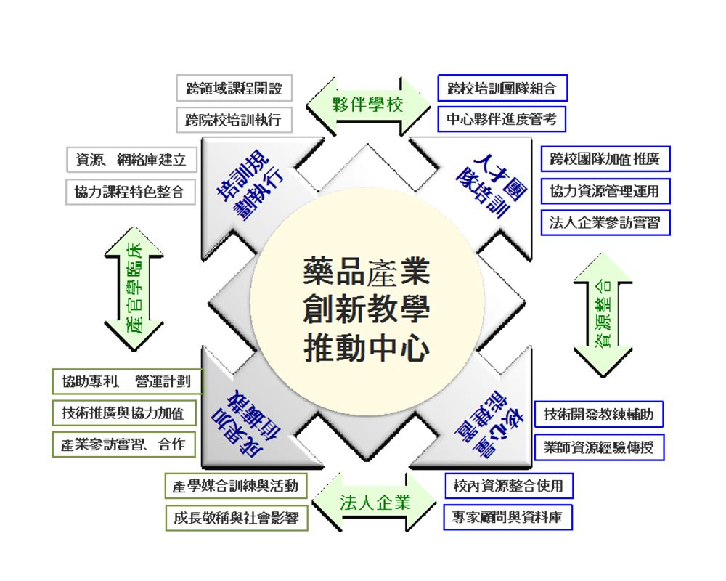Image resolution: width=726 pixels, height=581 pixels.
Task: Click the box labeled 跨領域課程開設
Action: click(234, 89)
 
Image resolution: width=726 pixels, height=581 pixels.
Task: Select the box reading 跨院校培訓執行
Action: click(234, 120)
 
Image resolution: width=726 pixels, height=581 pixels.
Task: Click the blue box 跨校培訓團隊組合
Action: click(502, 89)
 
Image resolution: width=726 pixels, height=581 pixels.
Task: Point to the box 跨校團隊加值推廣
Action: click(605, 159)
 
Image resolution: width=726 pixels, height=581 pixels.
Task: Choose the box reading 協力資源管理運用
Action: click(605, 191)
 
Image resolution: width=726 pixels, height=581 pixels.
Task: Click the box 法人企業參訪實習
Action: click(605, 222)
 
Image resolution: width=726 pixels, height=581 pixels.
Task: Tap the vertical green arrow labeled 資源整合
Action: click(603, 314)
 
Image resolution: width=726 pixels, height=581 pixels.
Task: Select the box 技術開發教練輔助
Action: click(599, 415)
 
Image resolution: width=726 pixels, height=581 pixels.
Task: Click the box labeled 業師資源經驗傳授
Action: click(599, 447)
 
